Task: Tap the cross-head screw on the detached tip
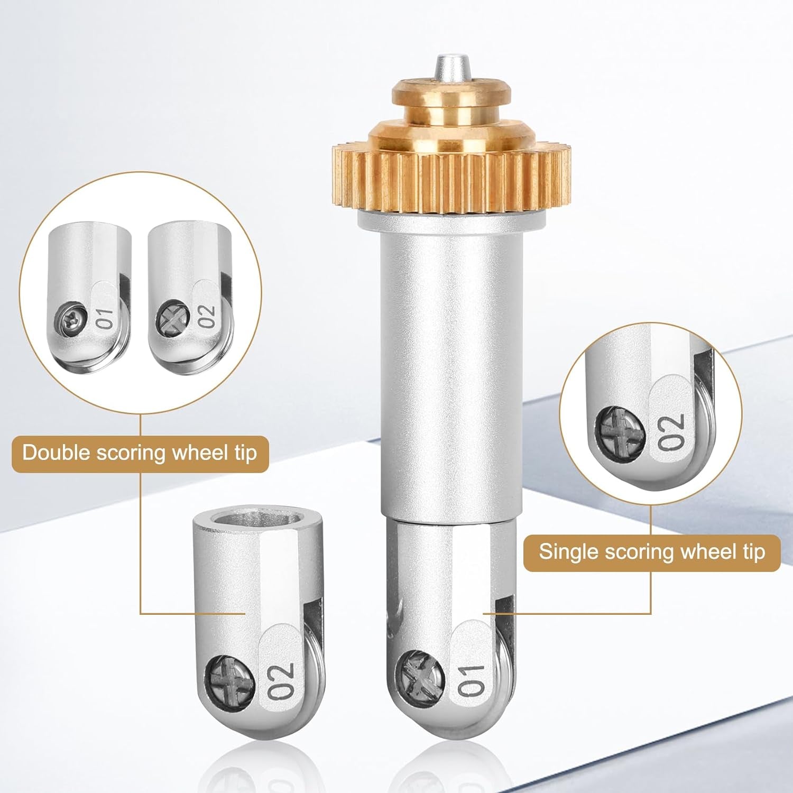pyautogui.click(x=231, y=677)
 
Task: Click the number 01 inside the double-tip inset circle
pyautogui.click(x=105, y=318)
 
